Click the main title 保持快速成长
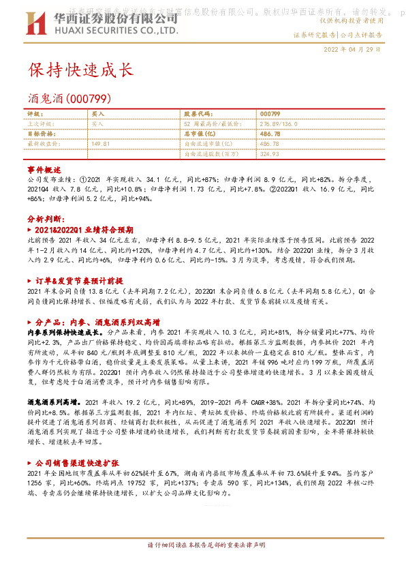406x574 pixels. [x=80, y=70]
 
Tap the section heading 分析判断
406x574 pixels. [x=46, y=220]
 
